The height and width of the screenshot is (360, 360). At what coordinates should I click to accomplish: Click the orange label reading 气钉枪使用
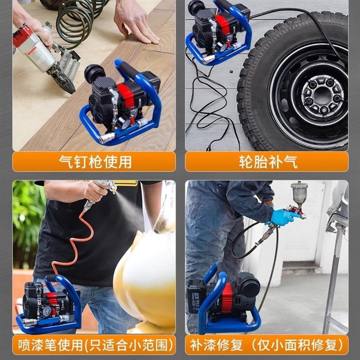coord(94,162)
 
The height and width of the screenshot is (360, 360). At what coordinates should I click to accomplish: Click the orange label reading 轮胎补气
coord(267,162)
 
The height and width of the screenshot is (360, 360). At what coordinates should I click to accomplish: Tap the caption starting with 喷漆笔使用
coord(94,345)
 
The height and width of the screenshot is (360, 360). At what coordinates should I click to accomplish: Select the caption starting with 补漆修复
coord(267,345)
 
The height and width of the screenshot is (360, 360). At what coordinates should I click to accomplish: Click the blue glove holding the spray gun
coord(279,217)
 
